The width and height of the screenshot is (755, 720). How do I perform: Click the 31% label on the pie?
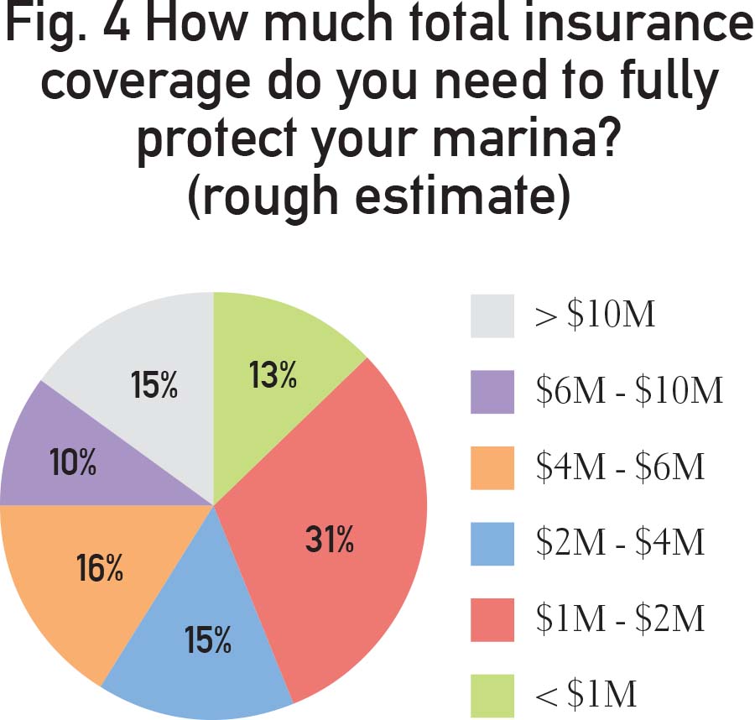(329, 540)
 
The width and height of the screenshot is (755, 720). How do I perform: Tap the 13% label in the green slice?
(273, 376)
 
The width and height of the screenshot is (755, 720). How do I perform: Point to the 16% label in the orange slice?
(101, 570)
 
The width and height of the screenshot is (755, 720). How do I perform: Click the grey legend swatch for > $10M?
(492, 316)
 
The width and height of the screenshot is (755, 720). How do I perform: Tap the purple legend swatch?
(492, 391)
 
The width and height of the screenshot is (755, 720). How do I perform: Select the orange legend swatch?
(492, 467)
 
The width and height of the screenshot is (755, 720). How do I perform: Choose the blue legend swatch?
(492, 542)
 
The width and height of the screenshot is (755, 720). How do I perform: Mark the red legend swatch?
(492, 618)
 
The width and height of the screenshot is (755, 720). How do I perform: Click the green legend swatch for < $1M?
(492, 693)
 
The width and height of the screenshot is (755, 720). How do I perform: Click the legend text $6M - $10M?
(628, 391)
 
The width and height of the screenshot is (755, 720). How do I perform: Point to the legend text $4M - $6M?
(619, 467)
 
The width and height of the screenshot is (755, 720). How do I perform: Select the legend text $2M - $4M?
(619, 542)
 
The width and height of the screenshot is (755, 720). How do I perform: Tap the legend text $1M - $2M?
(619, 618)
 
